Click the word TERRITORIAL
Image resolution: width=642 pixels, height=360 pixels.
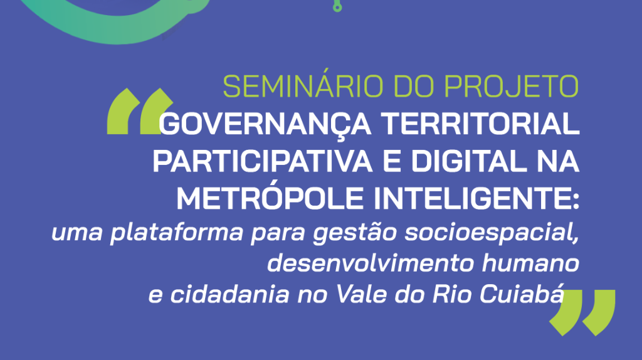tap(480, 124)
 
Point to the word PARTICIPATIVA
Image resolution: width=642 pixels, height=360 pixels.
tap(263, 161)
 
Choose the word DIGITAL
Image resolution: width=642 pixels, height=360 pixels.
tap(469, 161)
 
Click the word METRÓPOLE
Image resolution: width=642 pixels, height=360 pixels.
tap(270, 198)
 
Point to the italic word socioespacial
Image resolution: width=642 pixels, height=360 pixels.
tap(492, 233)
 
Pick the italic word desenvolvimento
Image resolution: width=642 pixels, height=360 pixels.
tap(370, 263)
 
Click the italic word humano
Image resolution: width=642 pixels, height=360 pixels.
tap(530, 263)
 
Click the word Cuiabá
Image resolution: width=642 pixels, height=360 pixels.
tap(522, 294)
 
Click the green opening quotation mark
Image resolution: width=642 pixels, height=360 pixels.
tap(139, 111)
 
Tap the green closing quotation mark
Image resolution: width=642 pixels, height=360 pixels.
tap(582, 313)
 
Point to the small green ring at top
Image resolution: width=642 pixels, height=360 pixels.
tap(337, 7)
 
